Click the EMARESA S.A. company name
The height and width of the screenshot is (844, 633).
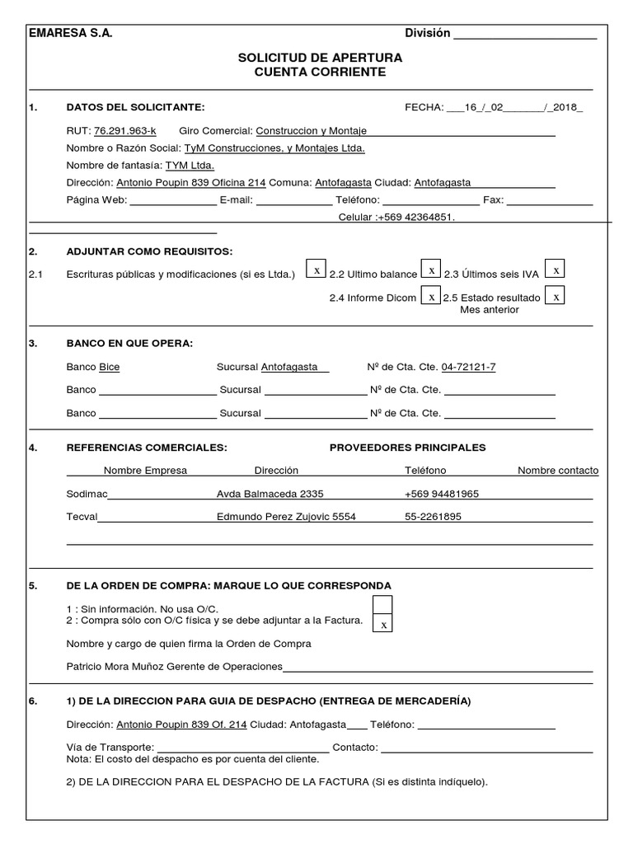tap(70, 33)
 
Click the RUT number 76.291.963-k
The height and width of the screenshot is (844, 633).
tap(125, 131)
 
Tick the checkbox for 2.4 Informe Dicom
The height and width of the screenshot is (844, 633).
tap(431, 296)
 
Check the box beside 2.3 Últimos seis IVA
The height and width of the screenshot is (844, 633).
tap(556, 270)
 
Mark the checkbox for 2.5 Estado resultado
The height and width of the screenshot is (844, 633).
tap(556, 296)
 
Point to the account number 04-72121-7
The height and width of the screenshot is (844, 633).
tap(469, 368)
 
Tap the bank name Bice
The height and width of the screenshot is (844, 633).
tap(110, 368)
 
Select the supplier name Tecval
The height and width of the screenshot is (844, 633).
tap(82, 517)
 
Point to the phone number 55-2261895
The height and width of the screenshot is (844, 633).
tap(433, 517)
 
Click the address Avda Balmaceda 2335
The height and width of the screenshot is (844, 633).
tap(270, 494)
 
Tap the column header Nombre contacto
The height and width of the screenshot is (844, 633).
tap(558, 471)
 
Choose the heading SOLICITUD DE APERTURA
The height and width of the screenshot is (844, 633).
tap(320, 58)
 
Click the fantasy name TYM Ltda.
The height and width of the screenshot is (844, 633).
tap(190, 165)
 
